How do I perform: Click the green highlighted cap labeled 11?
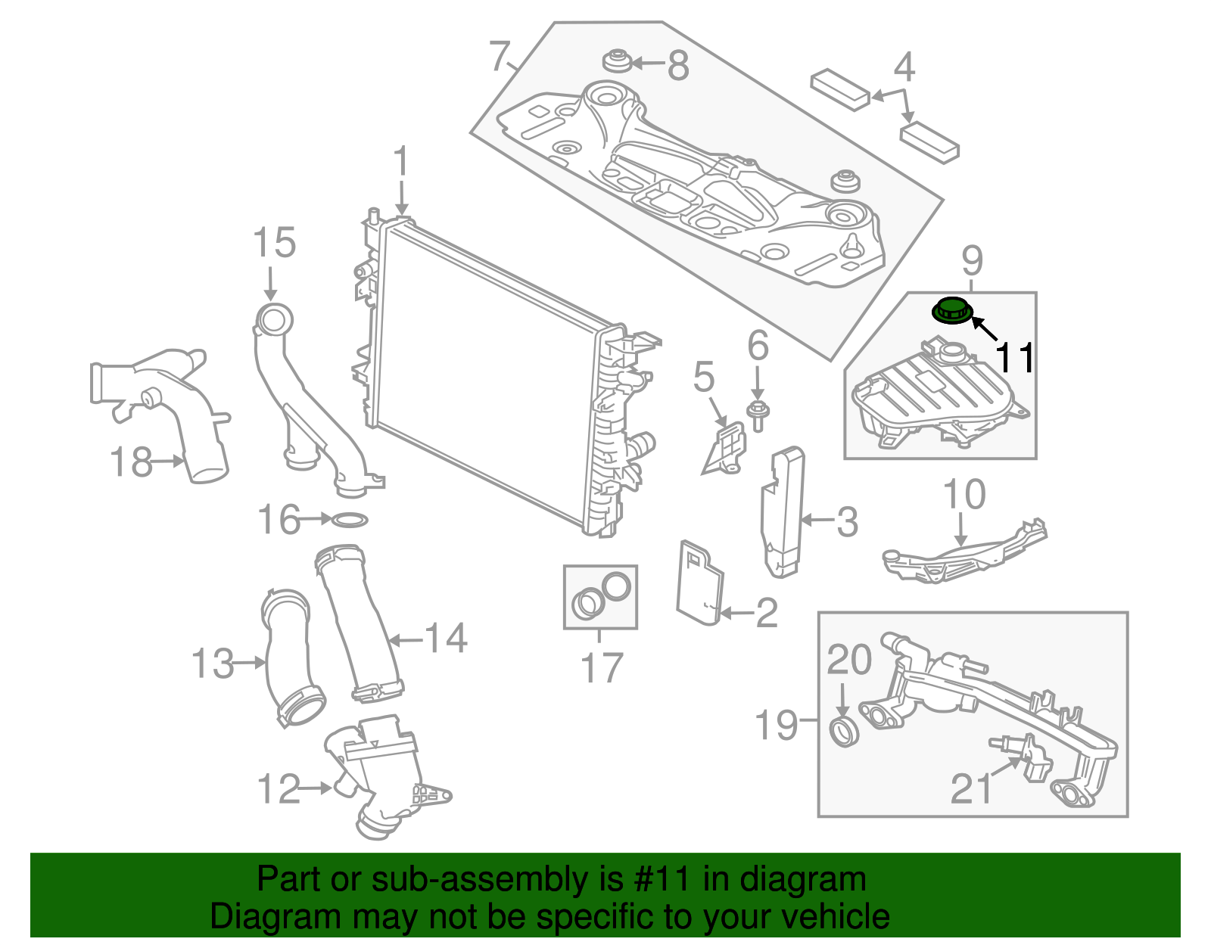pyautogui.click(x=950, y=310)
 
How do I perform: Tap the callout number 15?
pyautogui.click(x=274, y=244)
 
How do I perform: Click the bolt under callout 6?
pyautogui.click(x=757, y=413)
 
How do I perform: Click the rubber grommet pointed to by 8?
pyautogui.click(x=618, y=61)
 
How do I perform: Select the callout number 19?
pyautogui.click(x=777, y=725)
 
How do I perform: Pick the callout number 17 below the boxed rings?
pyautogui.click(x=602, y=667)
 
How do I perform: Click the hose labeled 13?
pyautogui.click(x=291, y=658)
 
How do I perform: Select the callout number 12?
pyautogui.click(x=279, y=789)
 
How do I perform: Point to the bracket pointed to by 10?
pyautogui.click(x=961, y=556)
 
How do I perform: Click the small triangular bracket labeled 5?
pyautogui.click(x=725, y=450)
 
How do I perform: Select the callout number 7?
pyautogui.click(x=499, y=56)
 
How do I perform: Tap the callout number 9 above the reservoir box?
pyautogui.click(x=972, y=261)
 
